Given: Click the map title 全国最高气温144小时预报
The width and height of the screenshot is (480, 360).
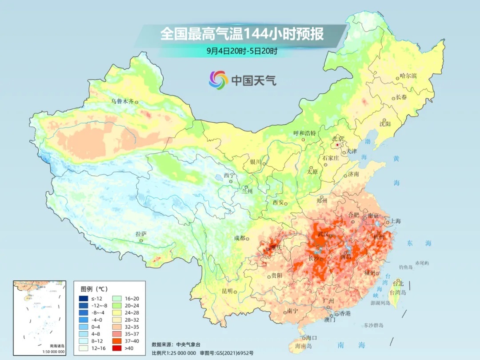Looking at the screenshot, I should click(x=242, y=34).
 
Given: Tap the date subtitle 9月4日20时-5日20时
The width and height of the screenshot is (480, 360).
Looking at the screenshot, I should click(x=242, y=51).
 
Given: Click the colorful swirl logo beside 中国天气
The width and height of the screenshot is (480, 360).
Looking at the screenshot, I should click(x=218, y=80).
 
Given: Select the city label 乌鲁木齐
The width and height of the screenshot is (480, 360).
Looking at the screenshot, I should click(x=122, y=101).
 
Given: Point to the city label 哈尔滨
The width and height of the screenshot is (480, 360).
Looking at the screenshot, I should click(x=408, y=76).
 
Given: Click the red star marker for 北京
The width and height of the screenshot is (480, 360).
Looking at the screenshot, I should click(x=338, y=145).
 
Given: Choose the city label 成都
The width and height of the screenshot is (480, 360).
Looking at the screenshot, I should click(x=240, y=238).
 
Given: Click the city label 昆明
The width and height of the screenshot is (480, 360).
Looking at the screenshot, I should click(x=227, y=291).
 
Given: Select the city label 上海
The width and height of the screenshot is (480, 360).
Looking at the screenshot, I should click(x=395, y=221).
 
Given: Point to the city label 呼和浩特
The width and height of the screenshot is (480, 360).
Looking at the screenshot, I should click(x=304, y=133).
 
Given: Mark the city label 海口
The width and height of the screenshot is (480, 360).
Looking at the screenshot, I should click(x=312, y=338).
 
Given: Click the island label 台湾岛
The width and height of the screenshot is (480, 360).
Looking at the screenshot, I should click(x=398, y=292).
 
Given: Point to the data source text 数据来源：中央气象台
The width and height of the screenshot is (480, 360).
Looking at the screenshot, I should click(x=176, y=344).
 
